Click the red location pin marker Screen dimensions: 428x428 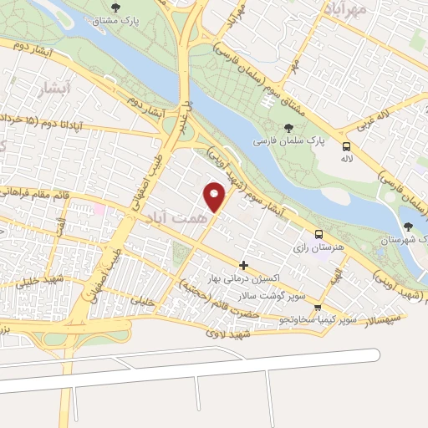tap(215, 197)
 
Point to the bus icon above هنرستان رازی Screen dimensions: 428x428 tap(318, 235)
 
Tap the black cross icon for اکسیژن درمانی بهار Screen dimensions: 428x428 tap(243, 265)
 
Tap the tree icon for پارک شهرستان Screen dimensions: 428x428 tap(408, 227)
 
